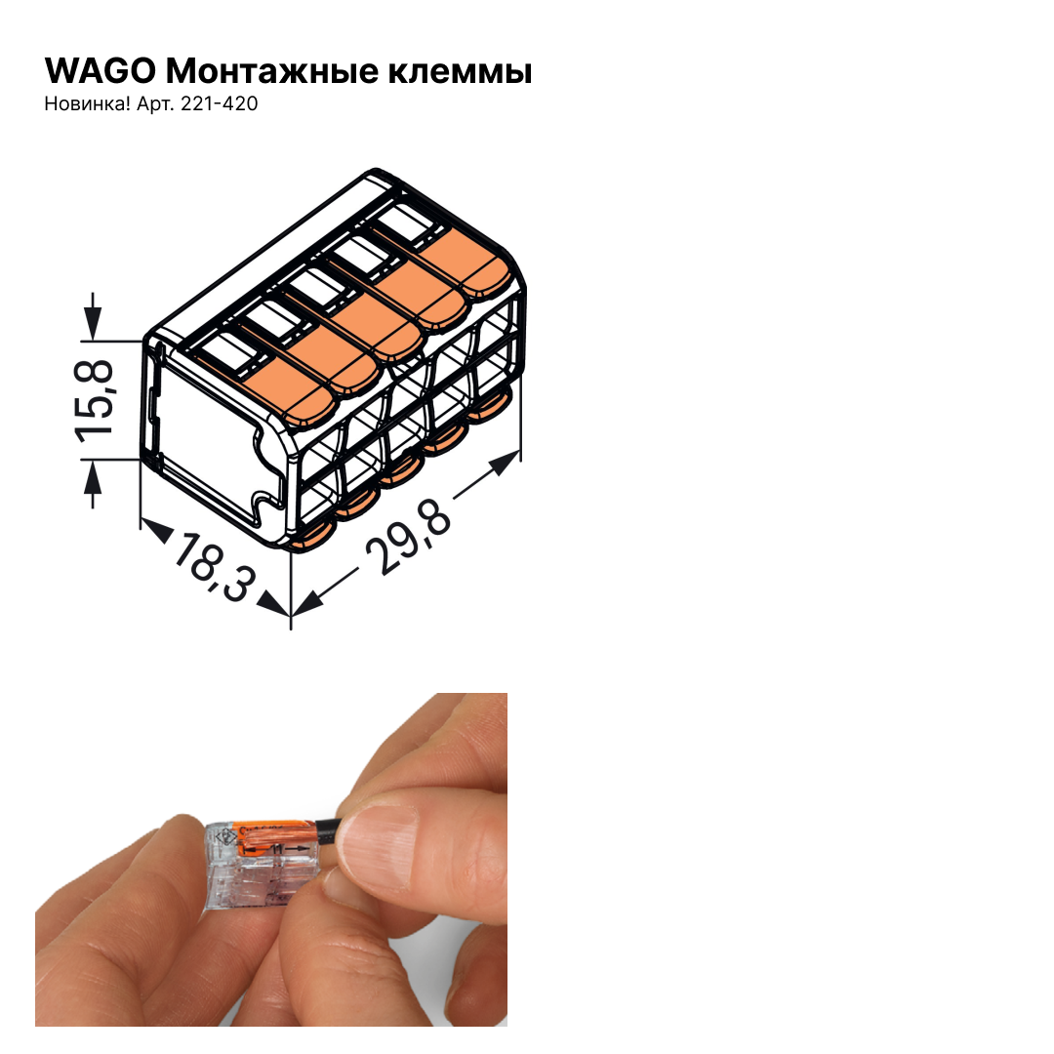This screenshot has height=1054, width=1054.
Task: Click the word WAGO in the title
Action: coord(101,70)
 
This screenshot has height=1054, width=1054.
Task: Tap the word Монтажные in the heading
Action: coord(272,70)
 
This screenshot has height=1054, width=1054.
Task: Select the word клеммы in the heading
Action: coord(460,72)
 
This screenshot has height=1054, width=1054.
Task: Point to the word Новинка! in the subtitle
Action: coord(88,103)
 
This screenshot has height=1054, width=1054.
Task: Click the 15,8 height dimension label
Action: coord(94,401)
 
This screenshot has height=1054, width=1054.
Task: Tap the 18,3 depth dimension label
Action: coord(215,567)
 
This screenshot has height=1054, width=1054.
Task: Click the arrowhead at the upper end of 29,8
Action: coord(504,463)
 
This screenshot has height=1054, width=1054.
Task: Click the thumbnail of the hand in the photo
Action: coord(377,839)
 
